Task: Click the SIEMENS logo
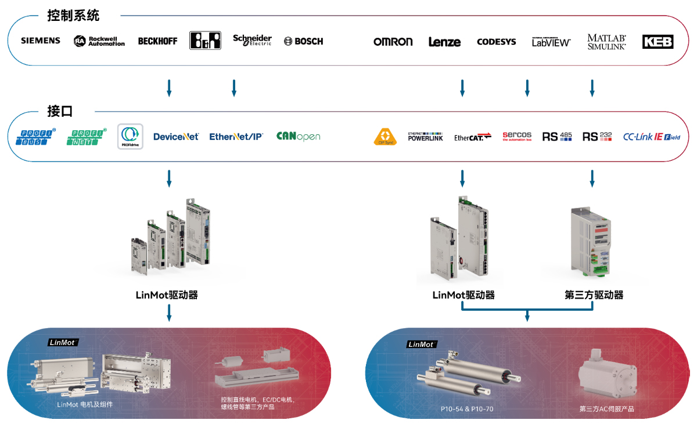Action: click(x=41, y=41)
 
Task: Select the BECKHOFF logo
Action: click(x=157, y=41)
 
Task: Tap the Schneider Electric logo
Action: click(x=252, y=41)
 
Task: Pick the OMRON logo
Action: click(x=393, y=42)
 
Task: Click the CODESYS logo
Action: click(x=496, y=42)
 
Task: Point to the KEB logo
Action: click(x=658, y=42)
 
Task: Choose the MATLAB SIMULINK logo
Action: click(x=606, y=42)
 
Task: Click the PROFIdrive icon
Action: click(x=130, y=137)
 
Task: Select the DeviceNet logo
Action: click(x=176, y=137)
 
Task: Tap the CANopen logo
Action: click(x=298, y=137)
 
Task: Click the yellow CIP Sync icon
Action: click(x=385, y=137)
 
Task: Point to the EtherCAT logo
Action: click(x=473, y=137)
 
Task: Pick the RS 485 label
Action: click(x=557, y=137)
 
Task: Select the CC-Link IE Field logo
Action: click(x=651, y=137)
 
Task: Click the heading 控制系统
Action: click(x=74, y=16)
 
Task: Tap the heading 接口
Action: click(x=60, y=111)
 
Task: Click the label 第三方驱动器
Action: click(x=594, y=295)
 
